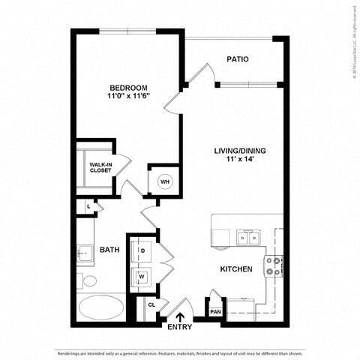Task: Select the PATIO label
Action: pos(238,59)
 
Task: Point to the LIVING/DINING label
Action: pos(240,151)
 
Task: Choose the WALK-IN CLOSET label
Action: pos(100,166)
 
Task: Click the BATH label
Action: pos(109,249)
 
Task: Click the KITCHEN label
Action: pos(235,268)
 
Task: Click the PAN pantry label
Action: pos(215,311)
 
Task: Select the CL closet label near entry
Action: pos(151,305)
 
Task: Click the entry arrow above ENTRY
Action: pos(180,316)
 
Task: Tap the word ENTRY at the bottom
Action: pos(180,328)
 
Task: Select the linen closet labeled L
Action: pos(88,205)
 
